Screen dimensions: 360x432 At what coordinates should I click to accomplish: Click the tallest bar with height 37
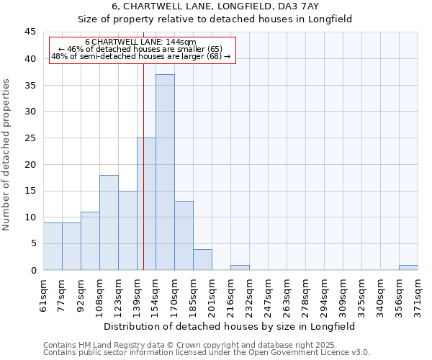click(165, 172)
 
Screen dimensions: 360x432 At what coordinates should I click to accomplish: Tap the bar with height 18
click(109, 222)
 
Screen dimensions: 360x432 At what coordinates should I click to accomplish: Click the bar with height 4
click(202, 259)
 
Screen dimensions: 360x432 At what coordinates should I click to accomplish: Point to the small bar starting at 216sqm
click(240, 267)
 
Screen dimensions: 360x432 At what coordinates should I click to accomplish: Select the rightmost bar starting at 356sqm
click(408, 267)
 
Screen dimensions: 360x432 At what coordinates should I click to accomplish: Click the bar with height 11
click(90, 240)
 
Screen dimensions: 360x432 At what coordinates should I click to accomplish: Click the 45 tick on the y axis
click(30, 32)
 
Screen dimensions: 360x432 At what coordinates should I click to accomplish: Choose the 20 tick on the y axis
click(30, 164)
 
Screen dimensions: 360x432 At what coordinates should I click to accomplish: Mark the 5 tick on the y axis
click(33, 243)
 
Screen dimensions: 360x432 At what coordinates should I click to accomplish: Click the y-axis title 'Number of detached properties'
click(7, 154)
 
